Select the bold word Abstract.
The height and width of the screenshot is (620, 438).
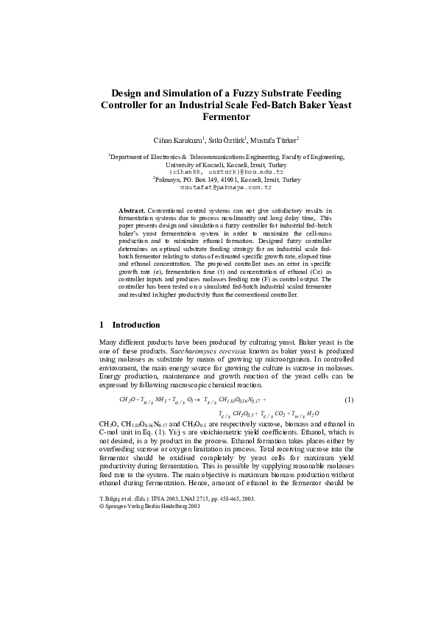coord(132,211)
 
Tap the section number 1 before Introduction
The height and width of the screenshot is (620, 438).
coord(101,325)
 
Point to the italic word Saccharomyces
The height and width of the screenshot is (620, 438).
coord(181,352)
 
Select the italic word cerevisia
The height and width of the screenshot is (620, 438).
coord(227,352)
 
